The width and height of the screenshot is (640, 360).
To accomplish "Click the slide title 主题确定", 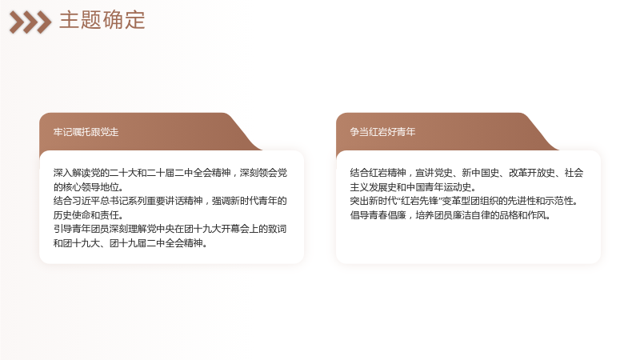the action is pyautogui.click(x=102, y=21).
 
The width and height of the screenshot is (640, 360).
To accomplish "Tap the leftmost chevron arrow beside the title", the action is pyautogui.click(x=17, y=22).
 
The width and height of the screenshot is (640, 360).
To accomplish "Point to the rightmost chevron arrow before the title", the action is pyautogui.click(x=44, y=22).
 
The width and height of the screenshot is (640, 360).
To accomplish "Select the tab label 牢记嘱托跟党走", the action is pyautogui.click(x=86, y=132).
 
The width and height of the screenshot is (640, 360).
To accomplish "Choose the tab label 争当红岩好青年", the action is pyautogui.click(x=382, y=132).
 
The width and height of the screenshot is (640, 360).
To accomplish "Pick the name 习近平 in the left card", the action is pyautogui.click(x=86, y=201).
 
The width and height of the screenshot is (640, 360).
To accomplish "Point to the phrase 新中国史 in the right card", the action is pyautogui.click(x=481, y=173).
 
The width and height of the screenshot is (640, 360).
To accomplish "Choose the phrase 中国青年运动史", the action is pyautogui.click(x=438, y=187).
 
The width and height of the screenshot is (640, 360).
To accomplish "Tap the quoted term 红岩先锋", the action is pyautogui.click(x=419, y=201).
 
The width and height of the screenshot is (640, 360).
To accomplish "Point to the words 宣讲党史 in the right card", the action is pyautogui.click(x=434, y=173).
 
